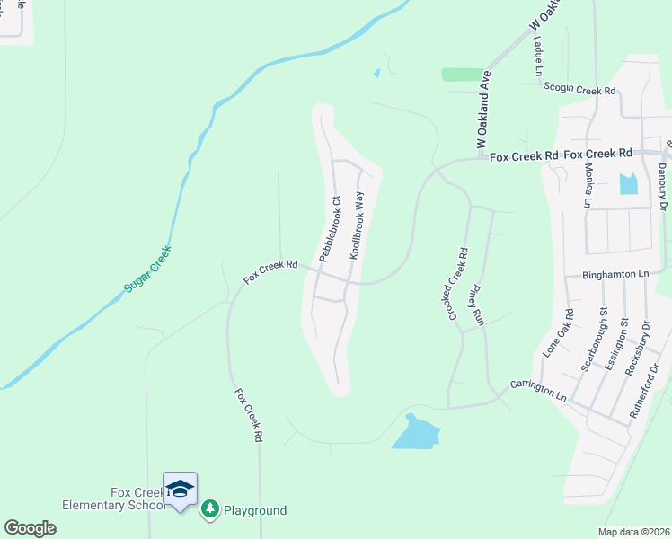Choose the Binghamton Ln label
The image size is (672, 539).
(x=615, y=273)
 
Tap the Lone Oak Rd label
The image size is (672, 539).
(x=557, y=333)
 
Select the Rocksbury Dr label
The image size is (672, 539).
(x=636, y=345)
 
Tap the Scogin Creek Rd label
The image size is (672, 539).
(x=579, y=90)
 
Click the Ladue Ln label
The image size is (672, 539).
(x=538, y=55)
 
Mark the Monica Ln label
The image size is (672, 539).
(x=588, y=189)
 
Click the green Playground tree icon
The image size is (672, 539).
(x=209, y=510)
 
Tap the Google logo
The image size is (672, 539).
(x=30, y=528)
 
